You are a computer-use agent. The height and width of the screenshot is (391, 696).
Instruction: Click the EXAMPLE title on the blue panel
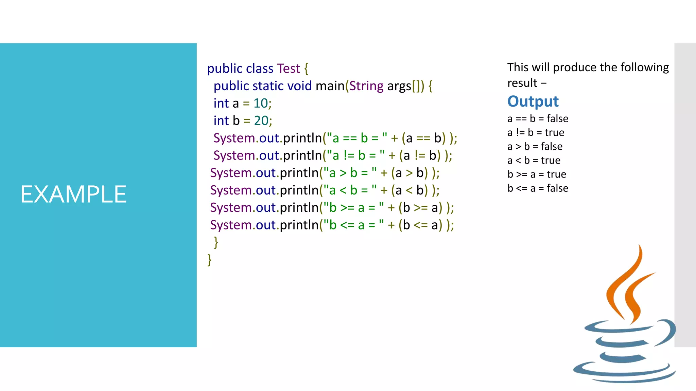(x=73, y=194)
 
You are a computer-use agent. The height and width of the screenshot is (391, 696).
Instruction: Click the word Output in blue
(x=533, y=101)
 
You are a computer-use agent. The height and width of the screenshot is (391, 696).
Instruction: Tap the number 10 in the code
(x=261, y=103)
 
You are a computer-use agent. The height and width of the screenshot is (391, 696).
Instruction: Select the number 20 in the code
(x=261, y=120)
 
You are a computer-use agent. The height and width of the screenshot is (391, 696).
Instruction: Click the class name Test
(x=289, y=69)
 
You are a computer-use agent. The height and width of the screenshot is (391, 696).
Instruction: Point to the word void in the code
(x=299, y=86)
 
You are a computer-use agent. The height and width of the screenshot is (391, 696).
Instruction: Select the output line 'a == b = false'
(x=538, y=119)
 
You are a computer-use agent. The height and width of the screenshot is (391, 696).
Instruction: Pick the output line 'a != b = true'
(x=536, y=133)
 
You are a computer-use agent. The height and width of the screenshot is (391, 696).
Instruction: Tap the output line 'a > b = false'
(x=535, y=147)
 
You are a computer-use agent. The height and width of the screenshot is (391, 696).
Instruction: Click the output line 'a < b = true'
(x=534, y=161)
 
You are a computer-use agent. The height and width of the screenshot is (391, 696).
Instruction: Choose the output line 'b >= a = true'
(x=537, y=174)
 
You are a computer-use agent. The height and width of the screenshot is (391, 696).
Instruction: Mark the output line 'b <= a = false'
(x=538, y=188)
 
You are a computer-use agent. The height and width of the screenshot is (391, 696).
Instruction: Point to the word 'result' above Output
(x=522, y=83)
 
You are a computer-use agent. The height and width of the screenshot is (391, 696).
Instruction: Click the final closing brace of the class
(x=209, y=260)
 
